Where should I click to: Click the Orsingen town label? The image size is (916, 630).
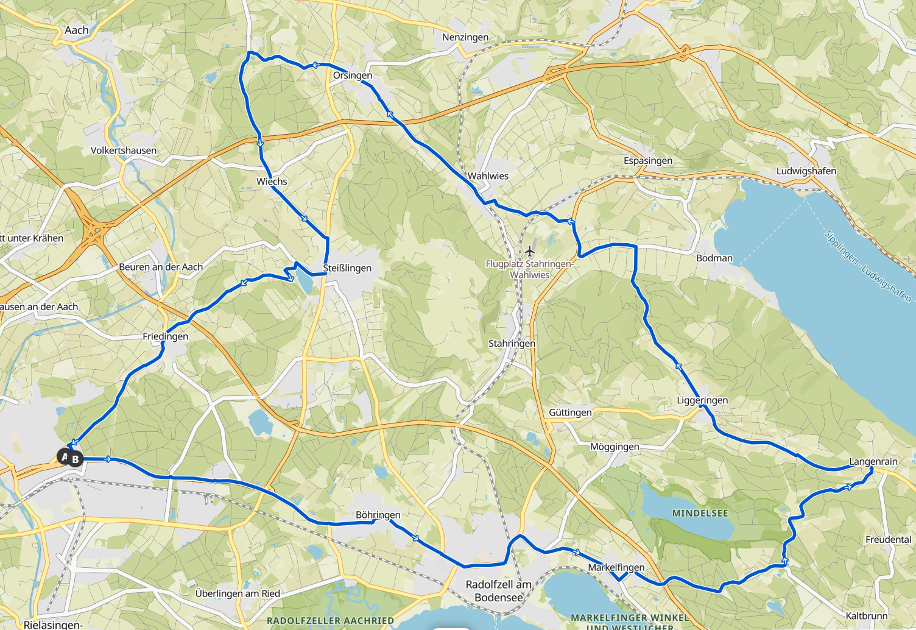click(x=352, y=76)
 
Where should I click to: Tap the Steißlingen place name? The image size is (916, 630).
click(x=347, y=268)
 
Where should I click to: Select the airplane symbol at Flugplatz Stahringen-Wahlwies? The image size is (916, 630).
click(x=529, y=252)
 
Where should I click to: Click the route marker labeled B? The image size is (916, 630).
click(x=76, y=459)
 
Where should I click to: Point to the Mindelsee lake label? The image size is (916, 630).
click(x=700, y=513)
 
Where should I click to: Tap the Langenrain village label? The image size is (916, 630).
click(x=873, y=461)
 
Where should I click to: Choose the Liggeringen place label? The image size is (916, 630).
click(x=702, y=400)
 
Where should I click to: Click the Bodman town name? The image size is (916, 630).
click(x=714, y=258)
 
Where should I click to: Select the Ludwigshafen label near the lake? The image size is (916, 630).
click(x=806, y=171)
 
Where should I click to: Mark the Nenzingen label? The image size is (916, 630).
click(x=465, y=37)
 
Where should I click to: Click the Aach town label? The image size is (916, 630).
click(x=77, y=30)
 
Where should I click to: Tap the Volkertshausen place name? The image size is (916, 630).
click(x=124, y=150)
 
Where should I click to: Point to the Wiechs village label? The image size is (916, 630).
click(x=272, y=182)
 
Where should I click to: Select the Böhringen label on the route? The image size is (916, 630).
click(x=378, y=515)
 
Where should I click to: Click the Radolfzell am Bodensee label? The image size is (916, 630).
click(x=498, y=591)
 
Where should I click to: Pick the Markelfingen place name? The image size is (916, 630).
click(x=616, y=567)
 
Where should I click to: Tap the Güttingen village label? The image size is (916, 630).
click(x=570, y=412)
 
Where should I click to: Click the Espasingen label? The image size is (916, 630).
click(x=647, y=161)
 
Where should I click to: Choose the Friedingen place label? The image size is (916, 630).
click(x=165, y=336)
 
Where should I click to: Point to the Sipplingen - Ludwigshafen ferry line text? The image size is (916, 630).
click(x=867, y=265)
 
